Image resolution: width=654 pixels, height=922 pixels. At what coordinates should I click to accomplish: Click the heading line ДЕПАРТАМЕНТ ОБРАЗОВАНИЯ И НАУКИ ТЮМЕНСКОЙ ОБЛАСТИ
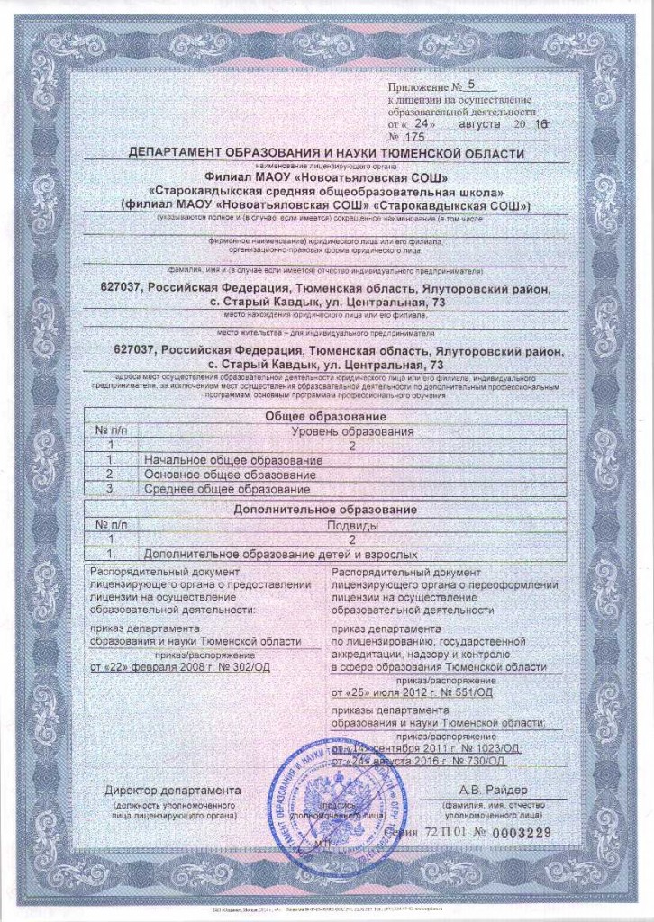point(326,154)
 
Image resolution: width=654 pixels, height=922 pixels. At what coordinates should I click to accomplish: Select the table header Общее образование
point(326,417)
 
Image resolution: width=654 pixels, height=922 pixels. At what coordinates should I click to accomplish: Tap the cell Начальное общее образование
point(233,459)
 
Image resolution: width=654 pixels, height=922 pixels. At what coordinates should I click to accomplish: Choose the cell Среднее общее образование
point(227,488)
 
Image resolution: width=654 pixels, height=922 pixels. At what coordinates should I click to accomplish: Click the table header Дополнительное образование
point(326,510)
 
